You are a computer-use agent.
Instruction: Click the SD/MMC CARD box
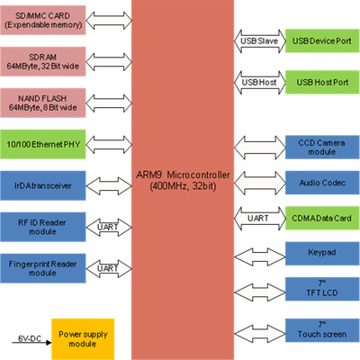point(43,20)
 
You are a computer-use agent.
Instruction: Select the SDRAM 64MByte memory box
point(43,61)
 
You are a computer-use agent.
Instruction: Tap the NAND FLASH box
point(43,103)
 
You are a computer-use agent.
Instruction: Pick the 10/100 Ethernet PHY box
point(43,144)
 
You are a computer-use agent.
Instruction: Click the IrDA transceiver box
point(43,185)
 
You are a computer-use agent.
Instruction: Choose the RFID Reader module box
point(43,227)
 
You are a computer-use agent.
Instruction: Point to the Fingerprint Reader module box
point(43,268)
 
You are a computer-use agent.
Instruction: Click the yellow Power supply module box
point(83,339)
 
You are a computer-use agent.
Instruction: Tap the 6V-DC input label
point(30,338)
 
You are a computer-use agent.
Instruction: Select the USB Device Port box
point(322,40)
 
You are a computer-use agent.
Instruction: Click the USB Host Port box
point(322,82)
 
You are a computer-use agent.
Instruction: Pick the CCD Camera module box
point(322,147)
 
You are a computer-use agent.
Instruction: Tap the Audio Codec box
point(322,183)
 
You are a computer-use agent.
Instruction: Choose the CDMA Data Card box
point(322,218)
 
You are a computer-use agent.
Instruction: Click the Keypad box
point(322,254)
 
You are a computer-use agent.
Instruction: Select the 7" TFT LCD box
point(322,289)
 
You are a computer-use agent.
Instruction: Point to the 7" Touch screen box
point(322,330)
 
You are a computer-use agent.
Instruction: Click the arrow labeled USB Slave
point(260,41)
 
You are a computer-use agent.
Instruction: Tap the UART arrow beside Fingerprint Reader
point(109,268)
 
